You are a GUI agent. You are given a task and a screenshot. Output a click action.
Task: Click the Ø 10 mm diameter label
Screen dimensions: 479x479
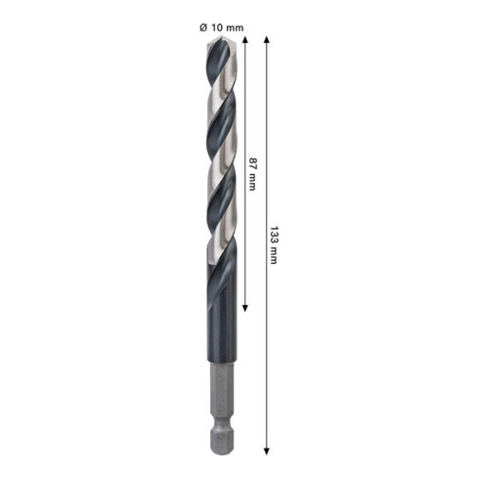(x=220, y=27)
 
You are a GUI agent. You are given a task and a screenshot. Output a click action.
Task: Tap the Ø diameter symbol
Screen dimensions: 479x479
(x=202, y=27)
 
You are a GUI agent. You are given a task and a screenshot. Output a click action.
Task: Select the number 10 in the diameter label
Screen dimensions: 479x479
(x=215, y=27)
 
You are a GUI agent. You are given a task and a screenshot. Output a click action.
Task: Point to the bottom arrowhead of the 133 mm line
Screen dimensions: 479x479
(x=266, y=452)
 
